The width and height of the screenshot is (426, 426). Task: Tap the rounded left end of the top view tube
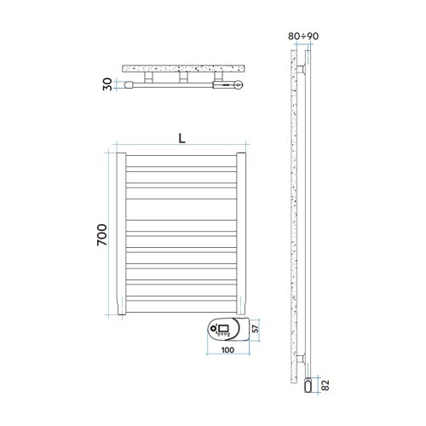coord(130,84)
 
